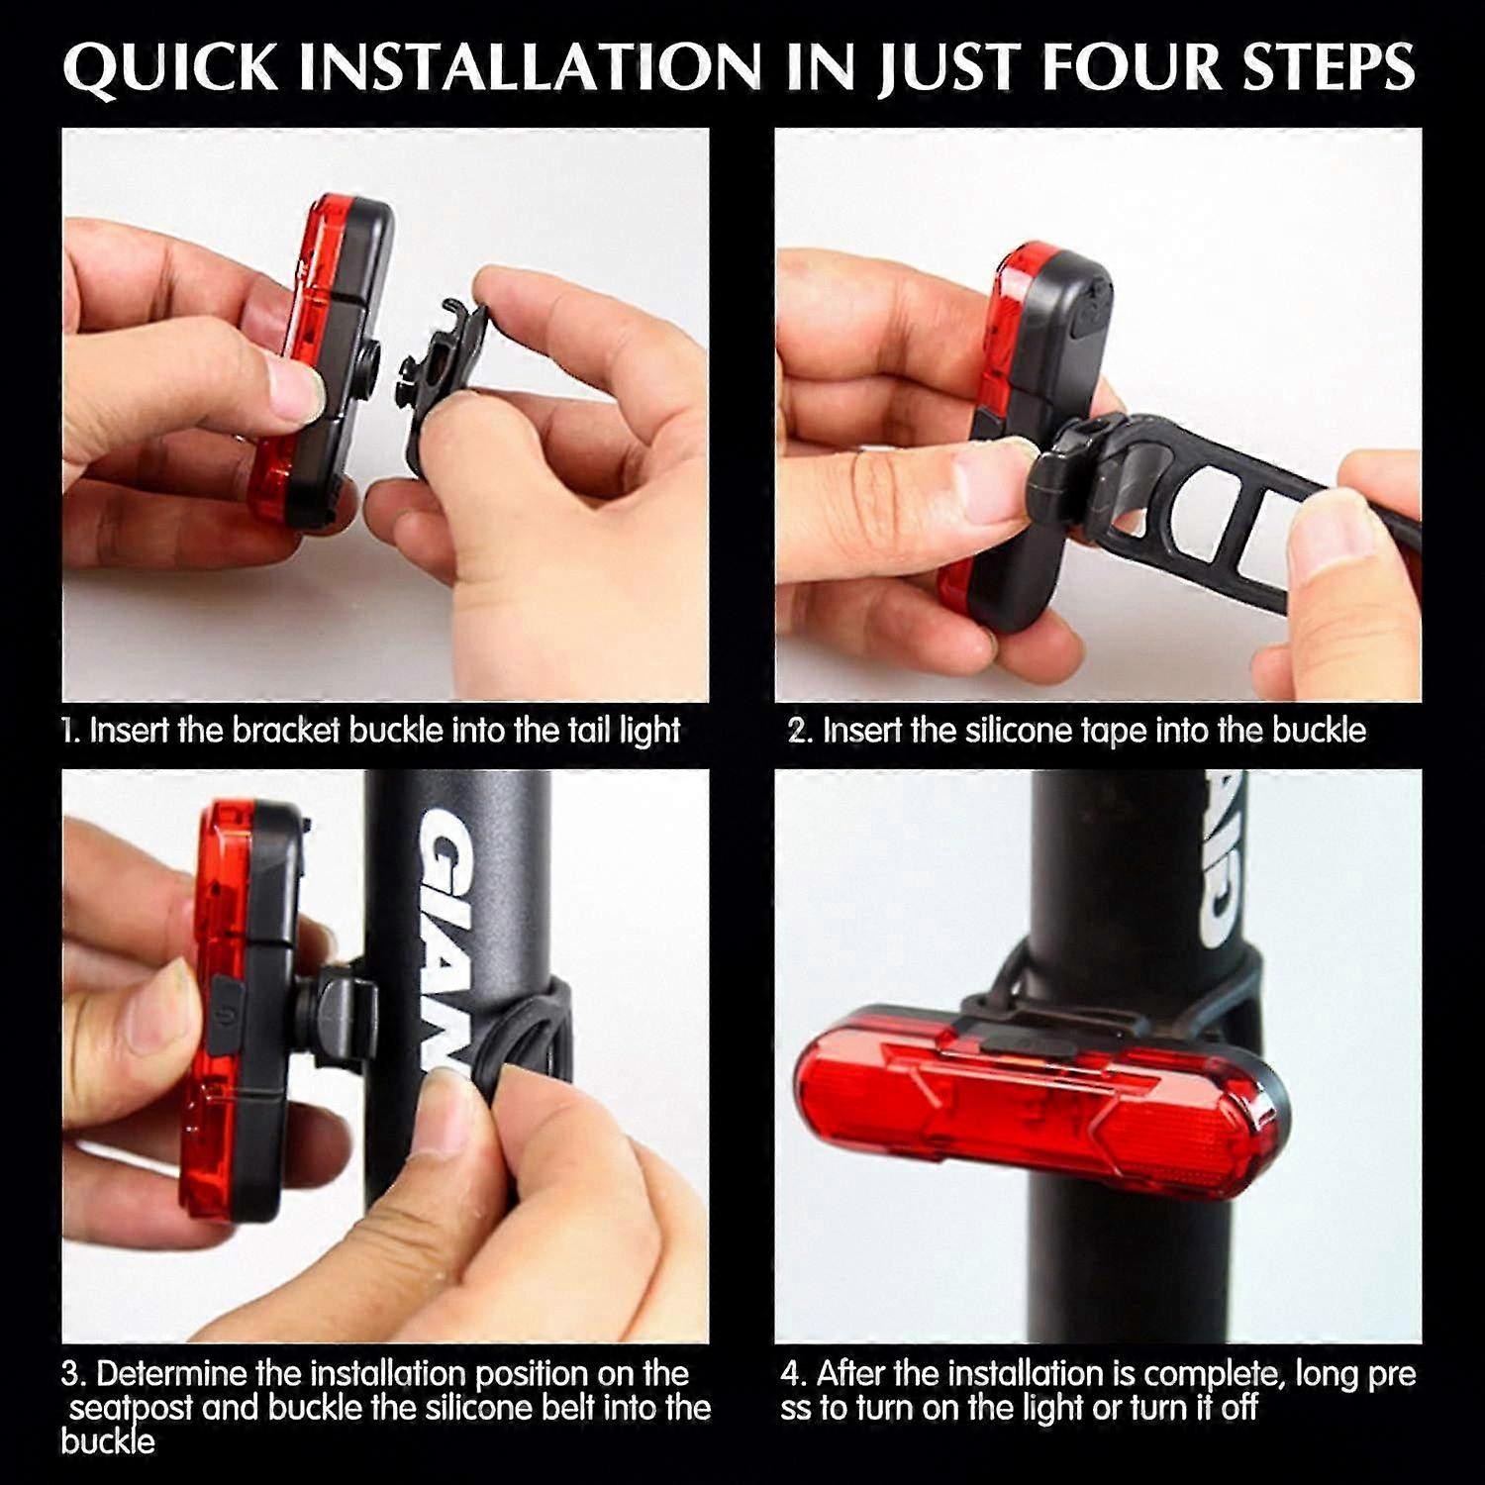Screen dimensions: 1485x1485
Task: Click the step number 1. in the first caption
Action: pyautogui.click(x=70, y=731)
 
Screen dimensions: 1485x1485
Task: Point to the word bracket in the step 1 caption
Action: pyautogui.click(x=286, y=731)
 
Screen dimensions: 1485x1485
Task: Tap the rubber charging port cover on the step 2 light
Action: pyautogui.click(x=1088, y=312)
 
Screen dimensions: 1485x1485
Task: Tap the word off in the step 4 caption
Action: pyautogui.click(x=1238, y=1407)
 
